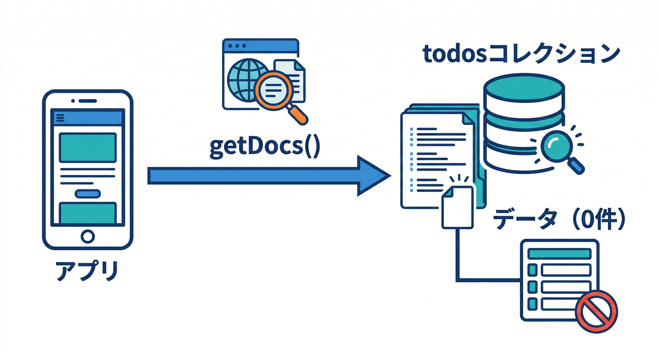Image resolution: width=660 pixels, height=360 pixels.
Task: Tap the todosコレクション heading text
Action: [521, 55]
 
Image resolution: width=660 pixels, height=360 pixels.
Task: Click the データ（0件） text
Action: [560, 219]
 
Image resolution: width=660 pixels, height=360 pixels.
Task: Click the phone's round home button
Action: [88, 236]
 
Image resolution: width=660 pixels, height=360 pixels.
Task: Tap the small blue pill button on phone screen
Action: [88, 193]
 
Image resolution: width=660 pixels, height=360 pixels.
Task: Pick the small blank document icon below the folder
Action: [457, 207]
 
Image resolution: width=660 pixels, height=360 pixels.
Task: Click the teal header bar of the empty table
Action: [559, 253]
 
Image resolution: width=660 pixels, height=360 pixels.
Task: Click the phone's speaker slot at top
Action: [87, 101]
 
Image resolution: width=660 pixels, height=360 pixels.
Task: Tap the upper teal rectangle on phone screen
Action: [88, 147]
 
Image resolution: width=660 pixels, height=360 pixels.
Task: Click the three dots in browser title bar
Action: [237, 46]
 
